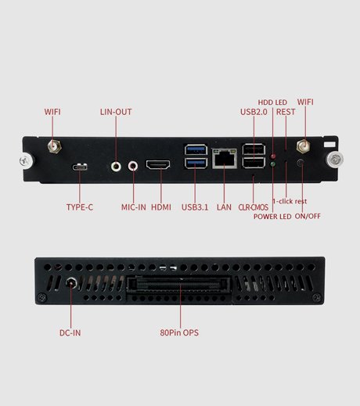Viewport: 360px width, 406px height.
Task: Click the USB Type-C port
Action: coord(80,167)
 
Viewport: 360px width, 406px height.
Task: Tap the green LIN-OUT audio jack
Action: coord(116,166)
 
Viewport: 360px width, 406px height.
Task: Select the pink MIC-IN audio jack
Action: coord(133,166)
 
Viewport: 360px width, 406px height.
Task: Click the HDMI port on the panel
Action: coord(158,165)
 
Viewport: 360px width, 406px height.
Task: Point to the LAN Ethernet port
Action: coord(225,158)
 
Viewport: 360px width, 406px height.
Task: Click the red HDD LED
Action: coord(273,156)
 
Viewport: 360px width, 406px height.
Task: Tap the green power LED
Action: coord(273,164)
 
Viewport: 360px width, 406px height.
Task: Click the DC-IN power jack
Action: coord(70,282)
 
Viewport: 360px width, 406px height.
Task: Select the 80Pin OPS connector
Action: coord(179,285)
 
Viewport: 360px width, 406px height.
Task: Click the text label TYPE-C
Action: coord(80,207)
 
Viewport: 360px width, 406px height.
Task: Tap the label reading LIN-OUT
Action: coord(116,112)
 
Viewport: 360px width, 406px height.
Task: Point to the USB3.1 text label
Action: coord(195,207)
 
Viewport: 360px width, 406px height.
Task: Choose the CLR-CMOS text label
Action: coord(254,207)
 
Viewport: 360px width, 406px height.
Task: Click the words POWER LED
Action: coord(272,217)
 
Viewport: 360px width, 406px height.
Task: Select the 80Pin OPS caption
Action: coord(179,332)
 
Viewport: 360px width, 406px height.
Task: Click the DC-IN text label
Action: coord(70,332)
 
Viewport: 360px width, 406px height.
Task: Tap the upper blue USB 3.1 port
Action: coord(196,149)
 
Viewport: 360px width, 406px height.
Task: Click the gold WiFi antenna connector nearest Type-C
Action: coord(54,146)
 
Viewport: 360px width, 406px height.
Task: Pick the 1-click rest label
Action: coord(290,201)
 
